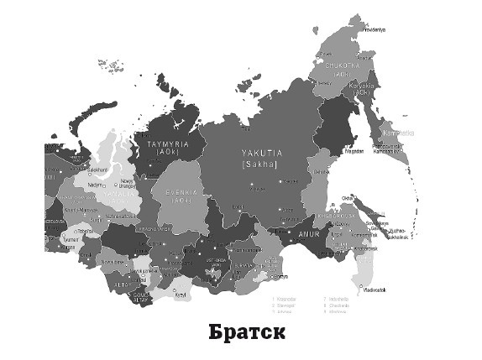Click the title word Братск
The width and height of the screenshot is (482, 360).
(247, 331)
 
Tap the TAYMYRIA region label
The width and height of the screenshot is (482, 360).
(175, 144)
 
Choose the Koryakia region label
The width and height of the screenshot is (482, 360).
(366, 86)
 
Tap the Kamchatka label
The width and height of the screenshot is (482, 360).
(399, 133)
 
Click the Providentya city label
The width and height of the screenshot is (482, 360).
(373, 29)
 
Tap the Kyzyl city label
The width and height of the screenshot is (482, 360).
(180, 294)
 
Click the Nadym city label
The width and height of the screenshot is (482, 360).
(95, 185)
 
